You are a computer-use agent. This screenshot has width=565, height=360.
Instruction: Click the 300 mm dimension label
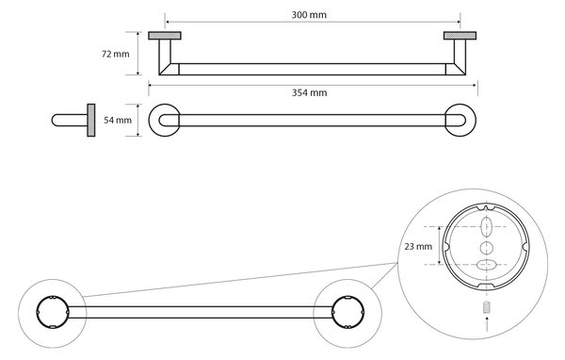(309, 15)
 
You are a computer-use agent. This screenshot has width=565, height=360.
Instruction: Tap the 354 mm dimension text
(309, 92)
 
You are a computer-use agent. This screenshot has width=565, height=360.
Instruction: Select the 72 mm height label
(115, 54)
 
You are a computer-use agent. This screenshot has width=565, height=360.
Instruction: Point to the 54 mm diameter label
(118, 120)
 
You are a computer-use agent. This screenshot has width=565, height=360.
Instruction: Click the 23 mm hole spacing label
(418, 247)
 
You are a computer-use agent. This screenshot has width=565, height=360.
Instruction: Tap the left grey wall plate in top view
(165, 36)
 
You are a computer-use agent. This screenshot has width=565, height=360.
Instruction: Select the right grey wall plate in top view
(460, 36)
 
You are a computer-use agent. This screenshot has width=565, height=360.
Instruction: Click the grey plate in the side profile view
(91, 120)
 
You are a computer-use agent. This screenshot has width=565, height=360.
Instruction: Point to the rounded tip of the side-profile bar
(54, 120)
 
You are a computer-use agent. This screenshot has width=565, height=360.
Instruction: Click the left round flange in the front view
(150, 120)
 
